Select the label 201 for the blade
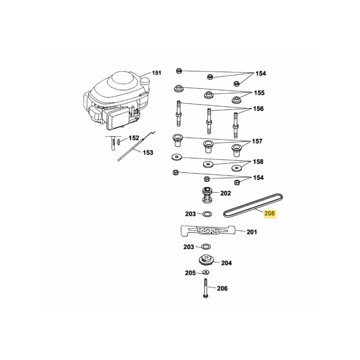(x=252, y=232)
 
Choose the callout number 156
(x=258, y=109)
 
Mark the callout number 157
(x=257, y=141)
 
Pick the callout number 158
(x=258, y=161)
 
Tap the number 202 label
(x=225, y=193)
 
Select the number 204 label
(x=226, y=263)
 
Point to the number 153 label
(x=148, y=153)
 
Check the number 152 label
(x=134, y=138)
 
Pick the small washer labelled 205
(x=205, y=273)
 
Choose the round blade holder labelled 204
(x=206, y=261)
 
